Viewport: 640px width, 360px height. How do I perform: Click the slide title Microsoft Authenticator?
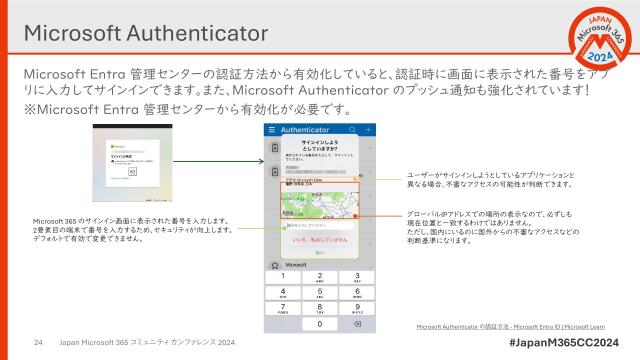pyautogui.click(x=145, y=32)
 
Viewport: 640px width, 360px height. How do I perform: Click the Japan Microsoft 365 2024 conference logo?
pyautogui.click(x=590, y=45)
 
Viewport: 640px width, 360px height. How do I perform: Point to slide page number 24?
pyautogui.click(x=39, y=342)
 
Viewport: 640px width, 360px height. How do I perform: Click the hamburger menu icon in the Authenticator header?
pyautogui.click(x=272, y=130)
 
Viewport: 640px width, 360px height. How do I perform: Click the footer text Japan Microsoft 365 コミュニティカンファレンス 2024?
pyautogui.click(x=147, y=342)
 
